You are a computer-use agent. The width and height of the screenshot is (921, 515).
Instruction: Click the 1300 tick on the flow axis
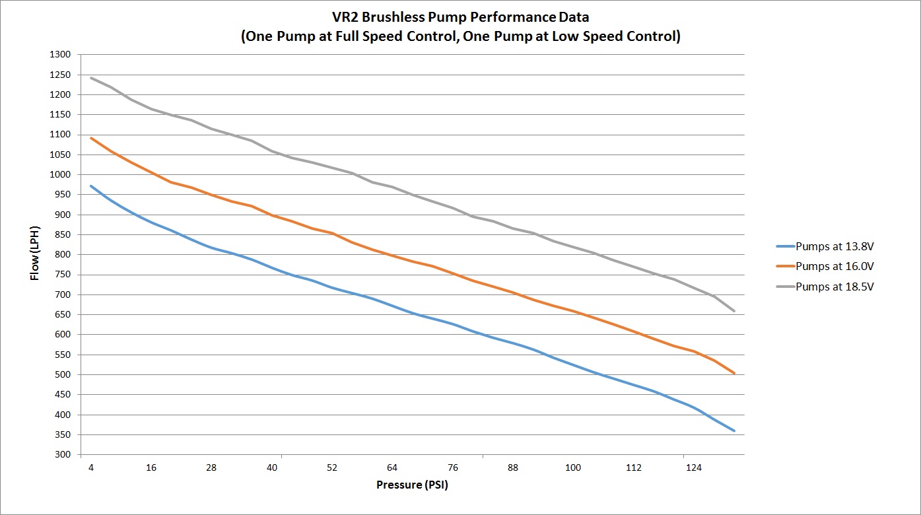(61, 54)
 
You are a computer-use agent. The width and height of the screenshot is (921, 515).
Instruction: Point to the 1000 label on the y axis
(61, 174)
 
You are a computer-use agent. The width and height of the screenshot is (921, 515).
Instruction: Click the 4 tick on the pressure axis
(91, 468)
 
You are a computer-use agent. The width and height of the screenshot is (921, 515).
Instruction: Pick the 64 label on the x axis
(392, 468)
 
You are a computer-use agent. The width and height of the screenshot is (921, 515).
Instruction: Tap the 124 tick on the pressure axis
(693, 468)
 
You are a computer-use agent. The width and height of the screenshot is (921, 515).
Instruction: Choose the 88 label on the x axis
(513, 468)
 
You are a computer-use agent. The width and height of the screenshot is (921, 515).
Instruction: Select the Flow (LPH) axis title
(36, 255)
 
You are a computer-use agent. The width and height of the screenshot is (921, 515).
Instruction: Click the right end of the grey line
(734, 311)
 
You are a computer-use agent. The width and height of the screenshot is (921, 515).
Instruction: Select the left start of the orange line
(91, 138)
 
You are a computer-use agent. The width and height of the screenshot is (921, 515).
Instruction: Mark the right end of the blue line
(734, 430)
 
